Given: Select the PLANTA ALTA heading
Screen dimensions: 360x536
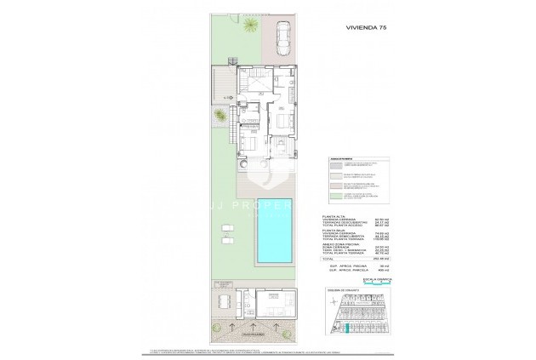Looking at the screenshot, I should coord(337,217).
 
